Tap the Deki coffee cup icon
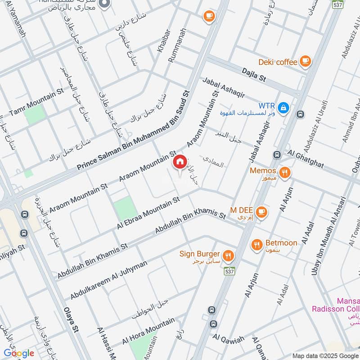click(306, 61)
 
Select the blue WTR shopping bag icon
click(283, 107)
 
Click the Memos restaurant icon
click(284, 172)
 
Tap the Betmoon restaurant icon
click(257, 245)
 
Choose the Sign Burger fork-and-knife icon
click(229, 256)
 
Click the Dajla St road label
click(254, 74)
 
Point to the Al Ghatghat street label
click(307, 159)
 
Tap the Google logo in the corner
click(19, 353)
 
